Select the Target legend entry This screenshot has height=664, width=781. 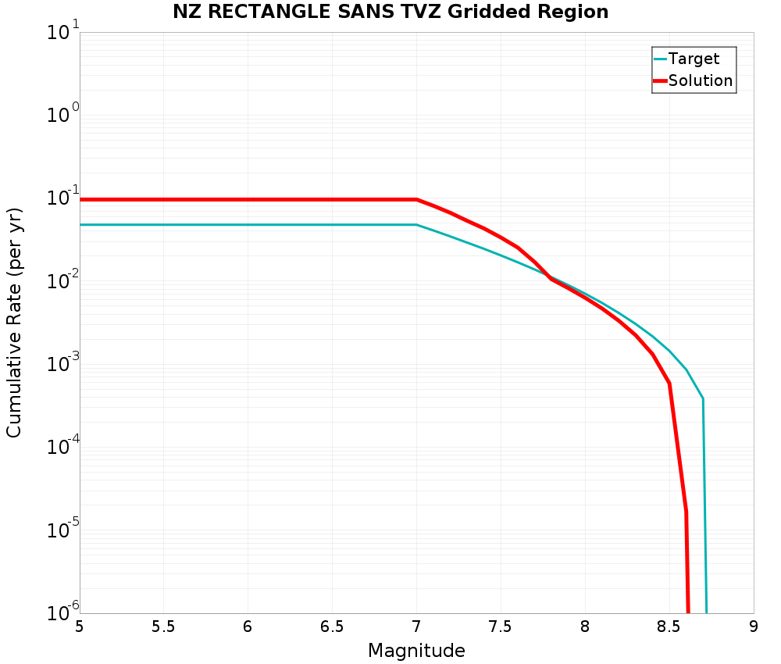[x=694, y=59]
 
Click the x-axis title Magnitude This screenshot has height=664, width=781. [x=416, y=651]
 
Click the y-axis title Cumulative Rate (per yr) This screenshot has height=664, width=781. [x=15, y=323]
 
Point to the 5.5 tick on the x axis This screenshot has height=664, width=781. [x=163, y=627]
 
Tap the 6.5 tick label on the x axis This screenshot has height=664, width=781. [x=332, y=627]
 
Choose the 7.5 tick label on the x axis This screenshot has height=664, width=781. [x=501, y=627]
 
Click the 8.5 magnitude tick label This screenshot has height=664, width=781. [x=669, y=627]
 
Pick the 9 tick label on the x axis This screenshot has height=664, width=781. [x=754, y=627]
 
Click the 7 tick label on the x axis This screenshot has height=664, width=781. [x=416, y=627]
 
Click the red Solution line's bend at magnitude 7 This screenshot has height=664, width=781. [x=416, y=199]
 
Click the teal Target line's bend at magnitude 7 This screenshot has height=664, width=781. [x=416, y=225]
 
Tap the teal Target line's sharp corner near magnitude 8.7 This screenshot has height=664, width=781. [x=703, y=398]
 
